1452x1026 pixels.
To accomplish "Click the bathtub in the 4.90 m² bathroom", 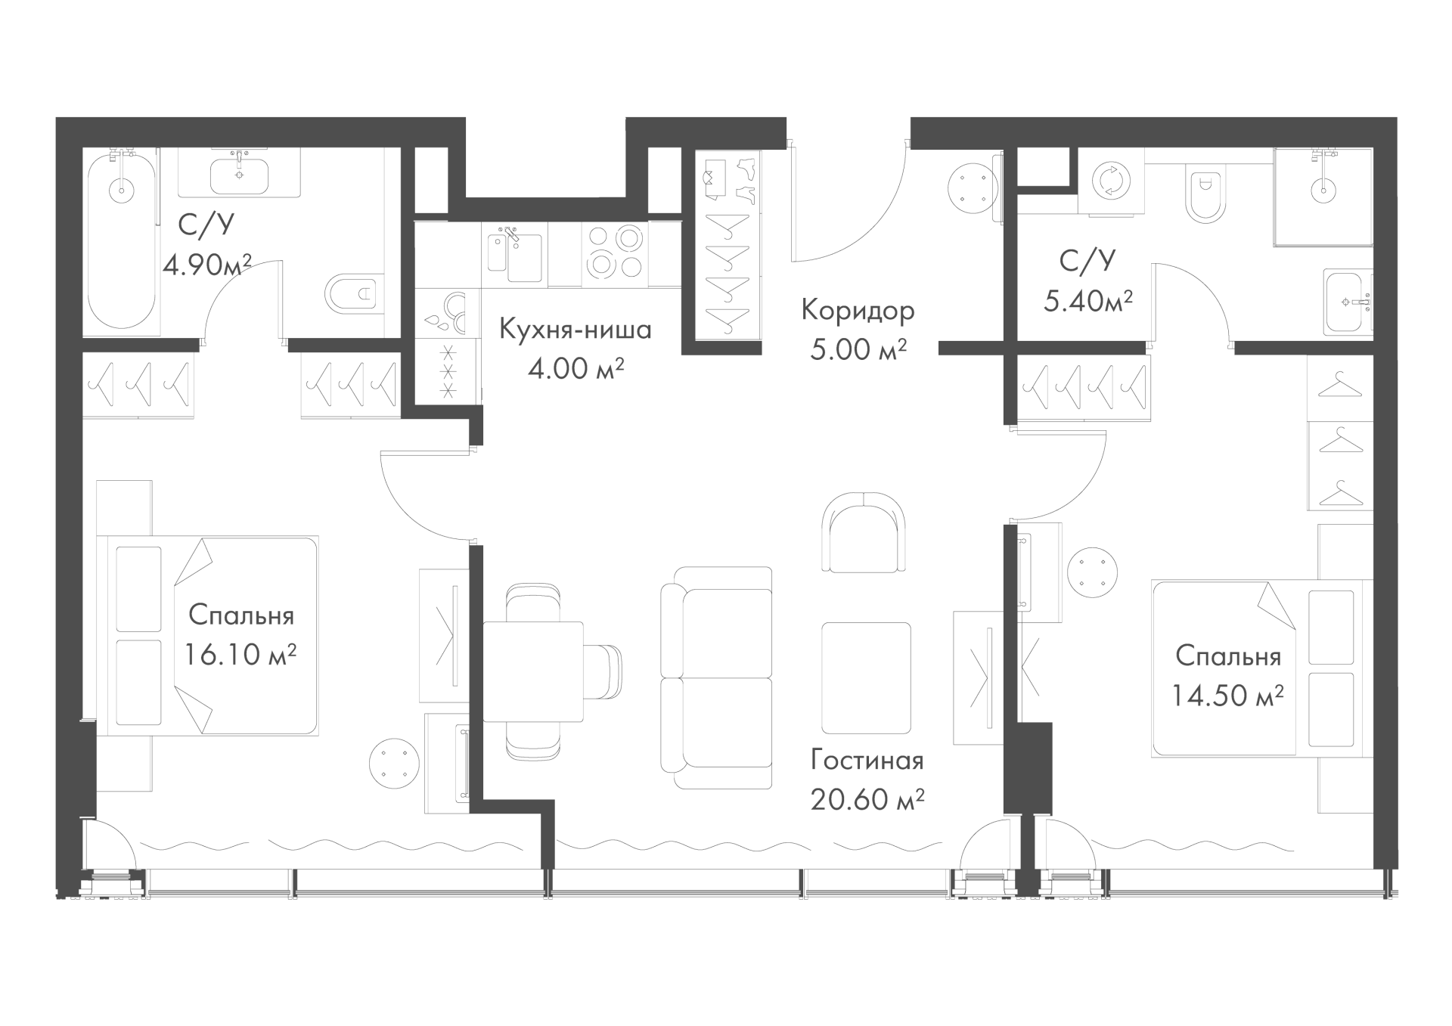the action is click(x=122, y=241).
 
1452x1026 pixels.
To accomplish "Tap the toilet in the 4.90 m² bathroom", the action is click(x=351, y=293).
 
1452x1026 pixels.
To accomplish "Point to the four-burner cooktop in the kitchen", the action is click(x=615, y=253).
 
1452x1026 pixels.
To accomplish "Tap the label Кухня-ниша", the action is click(x=575, y=330).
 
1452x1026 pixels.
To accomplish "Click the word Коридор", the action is click(x=858, y=311).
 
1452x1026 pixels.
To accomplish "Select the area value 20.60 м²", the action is click(x=867, y=799).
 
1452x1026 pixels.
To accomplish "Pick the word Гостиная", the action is click(x=867, y=760).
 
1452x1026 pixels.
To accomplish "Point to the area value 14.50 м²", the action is click(x=1227, y=695).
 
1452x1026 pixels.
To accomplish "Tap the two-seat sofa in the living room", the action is click(x=716, y=678).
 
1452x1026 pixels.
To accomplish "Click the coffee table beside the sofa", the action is click(x=866, y=678).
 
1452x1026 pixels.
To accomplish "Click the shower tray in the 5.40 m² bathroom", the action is click(x=1323, y=197).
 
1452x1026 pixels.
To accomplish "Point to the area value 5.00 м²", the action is click(x=858, y=350).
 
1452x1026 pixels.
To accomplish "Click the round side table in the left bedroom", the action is click(x=393, y=764).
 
